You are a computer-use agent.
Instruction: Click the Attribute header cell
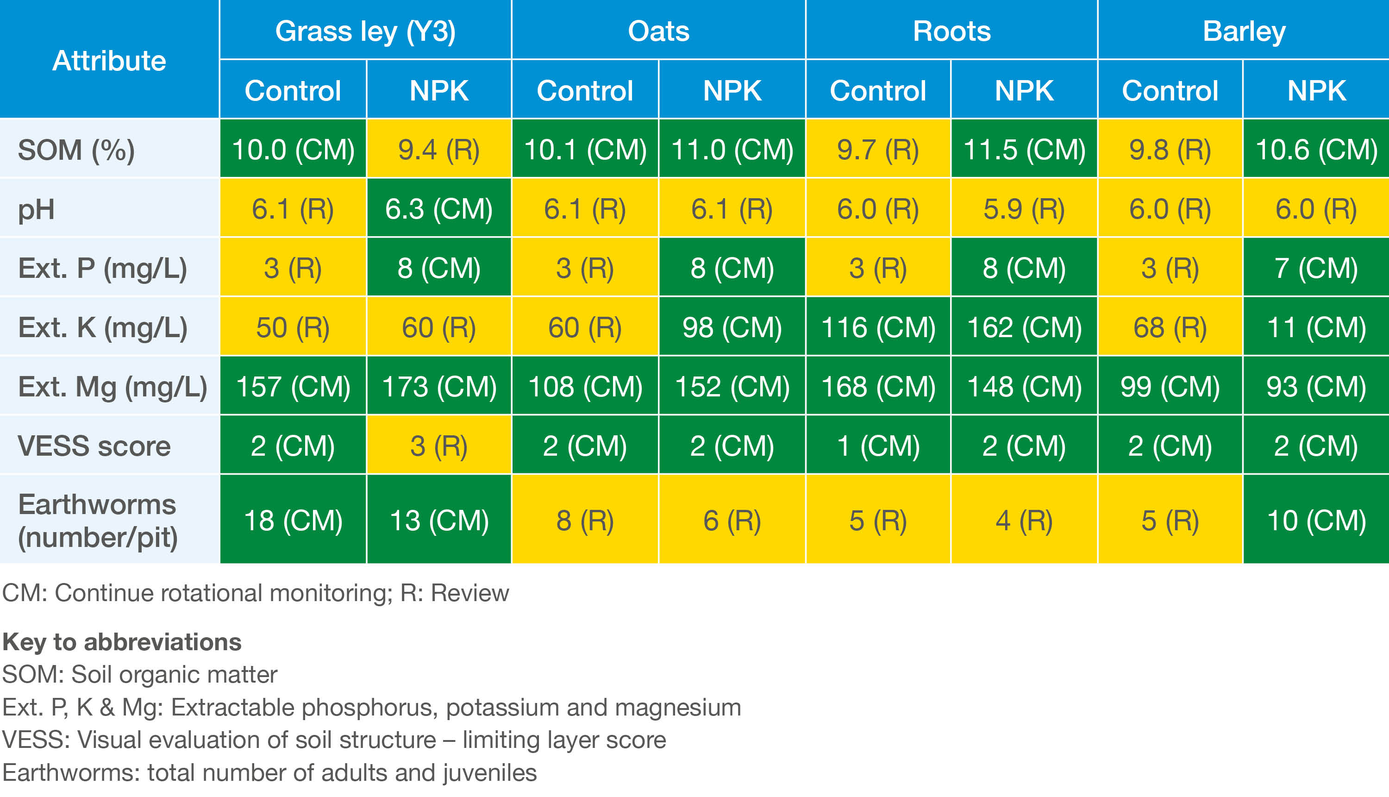pos(109,60)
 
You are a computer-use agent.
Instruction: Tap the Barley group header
pos(1244,31)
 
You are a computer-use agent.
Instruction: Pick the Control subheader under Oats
pos(584,90)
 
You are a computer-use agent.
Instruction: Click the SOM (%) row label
pos(76,150)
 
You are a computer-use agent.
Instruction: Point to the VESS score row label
pos(94,446)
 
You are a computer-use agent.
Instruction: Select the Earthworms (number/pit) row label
pos(97,520)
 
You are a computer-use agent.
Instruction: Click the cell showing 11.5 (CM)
pos(1024,150)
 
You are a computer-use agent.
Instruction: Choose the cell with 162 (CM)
pos(1024,327)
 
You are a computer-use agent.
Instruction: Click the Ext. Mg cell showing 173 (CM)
pos(439,386)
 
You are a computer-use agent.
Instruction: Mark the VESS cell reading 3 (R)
pos(439,446)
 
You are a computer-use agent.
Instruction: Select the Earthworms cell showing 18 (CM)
pos(293,520)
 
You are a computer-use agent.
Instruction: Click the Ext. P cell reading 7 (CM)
pos(1316,268)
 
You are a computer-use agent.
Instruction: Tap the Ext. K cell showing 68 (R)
pos(1170,327)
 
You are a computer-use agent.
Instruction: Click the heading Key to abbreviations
pos(121,641)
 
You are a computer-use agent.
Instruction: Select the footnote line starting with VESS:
pos(334,740)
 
